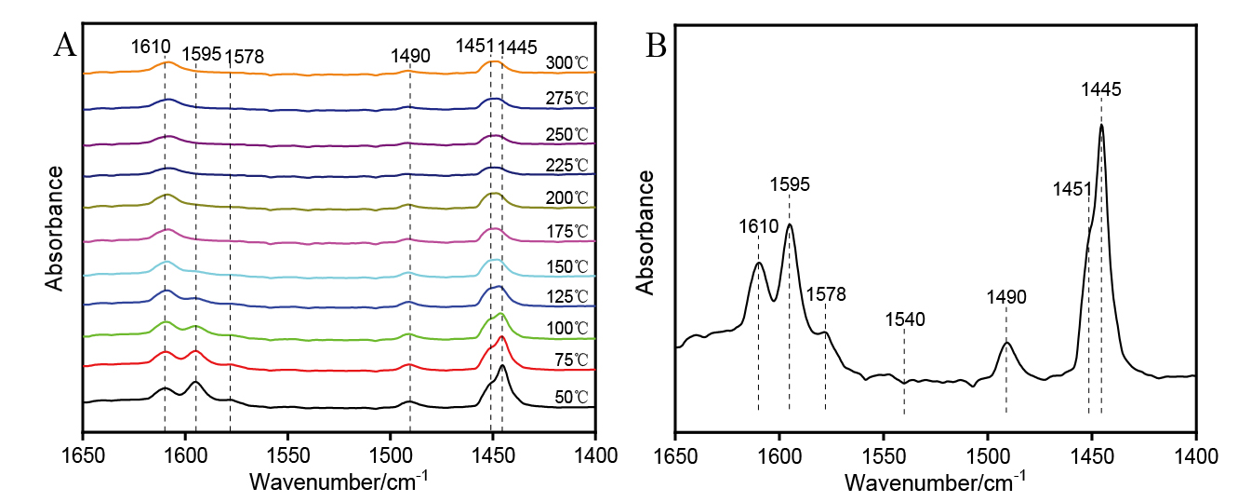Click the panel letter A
(x=64, y=44)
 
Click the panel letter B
(x=656, y=44)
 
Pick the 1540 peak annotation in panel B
(x=904, y=319)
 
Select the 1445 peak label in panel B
(x=1102, y=89)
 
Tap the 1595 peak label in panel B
(x=790, y=183)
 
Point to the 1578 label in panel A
(x=245, y=57)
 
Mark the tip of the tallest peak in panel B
(x=1101, y=125)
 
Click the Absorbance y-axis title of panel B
(x=645, y=231)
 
